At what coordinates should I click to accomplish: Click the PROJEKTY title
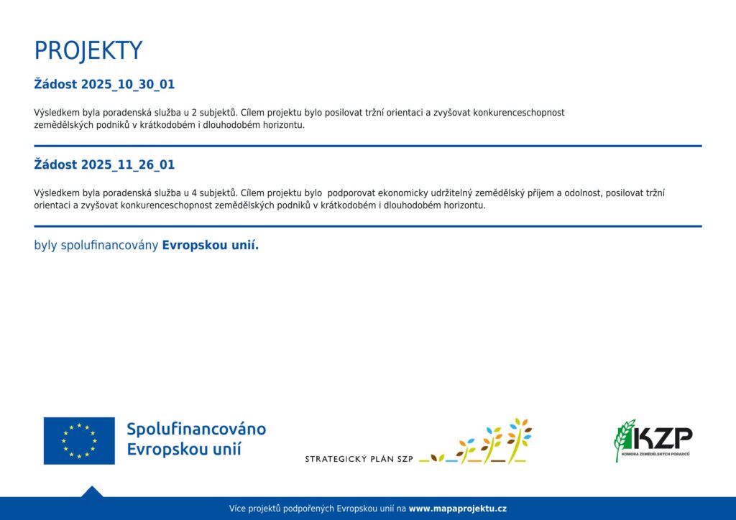pos(88,51)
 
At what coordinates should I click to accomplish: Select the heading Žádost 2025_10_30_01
pos(104,85)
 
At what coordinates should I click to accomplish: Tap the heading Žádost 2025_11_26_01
pos(104,164)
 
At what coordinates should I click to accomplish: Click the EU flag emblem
pos(79,441)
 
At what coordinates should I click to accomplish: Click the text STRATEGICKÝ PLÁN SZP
pos(359,459)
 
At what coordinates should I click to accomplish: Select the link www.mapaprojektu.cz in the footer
pos(458,509)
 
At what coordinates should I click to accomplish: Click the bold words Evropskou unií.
pos(211,245)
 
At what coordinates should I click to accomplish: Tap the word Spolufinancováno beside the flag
pos(196,429)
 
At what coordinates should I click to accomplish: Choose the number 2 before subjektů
pos(194,113)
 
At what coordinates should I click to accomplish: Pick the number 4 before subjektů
pos(194,193)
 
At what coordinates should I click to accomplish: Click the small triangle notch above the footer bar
pos(92,492)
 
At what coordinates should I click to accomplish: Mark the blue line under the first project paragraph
pos(368,147)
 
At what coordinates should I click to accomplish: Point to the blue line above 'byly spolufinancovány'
pos(368,226)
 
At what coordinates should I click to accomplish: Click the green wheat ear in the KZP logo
pos(624,440)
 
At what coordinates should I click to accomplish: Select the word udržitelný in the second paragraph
pos(451,193)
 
